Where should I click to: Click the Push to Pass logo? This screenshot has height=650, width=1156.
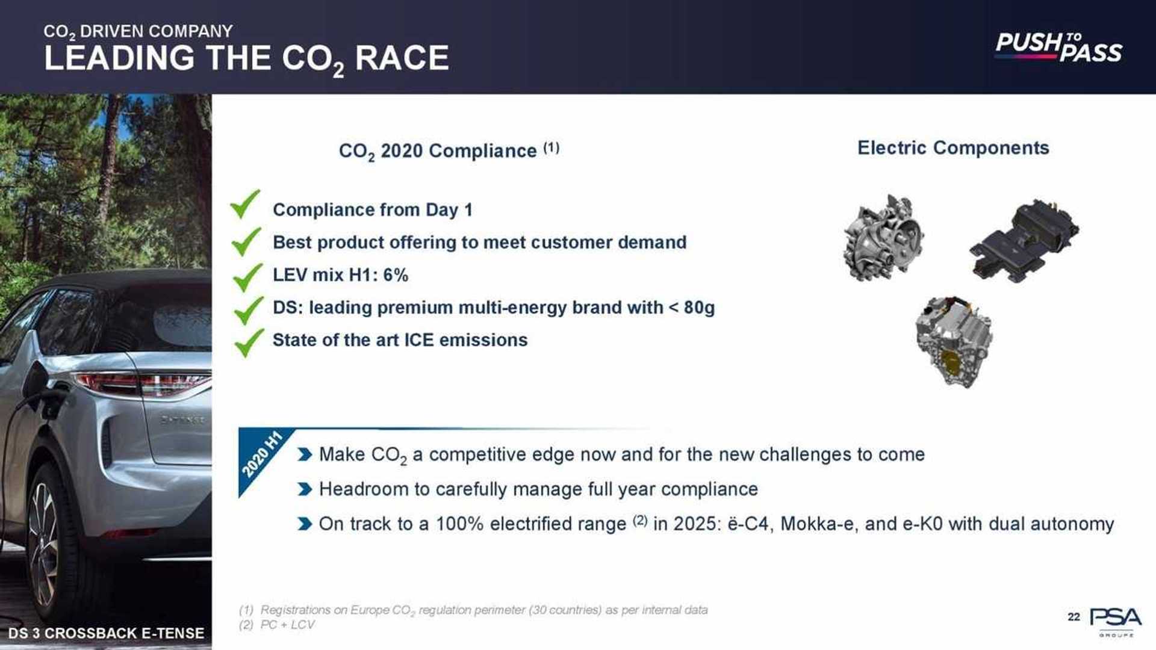click(1058, 47)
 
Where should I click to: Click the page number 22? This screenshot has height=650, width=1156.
click(1074, 617)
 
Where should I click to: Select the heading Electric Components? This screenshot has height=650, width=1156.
click(952, 147)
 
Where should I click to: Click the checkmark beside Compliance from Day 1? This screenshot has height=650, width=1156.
click(245, 204)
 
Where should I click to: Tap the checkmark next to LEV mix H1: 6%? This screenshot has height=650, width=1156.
click(247, 277)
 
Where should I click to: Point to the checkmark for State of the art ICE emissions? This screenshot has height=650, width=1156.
click(248, 342)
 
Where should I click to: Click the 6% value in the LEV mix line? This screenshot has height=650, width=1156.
click(396, 275)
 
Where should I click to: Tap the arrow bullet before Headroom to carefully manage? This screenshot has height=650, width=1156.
click(305, 489)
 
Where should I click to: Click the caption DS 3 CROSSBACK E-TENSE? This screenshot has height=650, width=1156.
click(106, 633)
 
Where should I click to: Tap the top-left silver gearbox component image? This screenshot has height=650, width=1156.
click(883, 238)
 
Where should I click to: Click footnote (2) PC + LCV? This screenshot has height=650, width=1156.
click(277, 625)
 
